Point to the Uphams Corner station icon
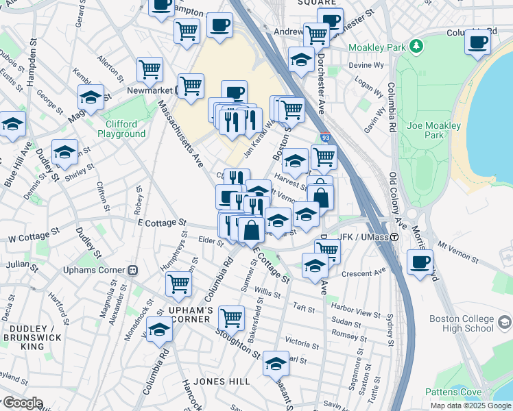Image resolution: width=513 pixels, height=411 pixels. tap(135, 270)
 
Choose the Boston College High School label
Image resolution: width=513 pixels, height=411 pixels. tap(462, 323)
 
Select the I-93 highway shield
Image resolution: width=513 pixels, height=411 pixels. tap(326, 138)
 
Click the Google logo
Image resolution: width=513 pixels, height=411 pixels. tap(22, 403)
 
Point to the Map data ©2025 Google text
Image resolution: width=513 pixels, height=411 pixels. tap(470, 406)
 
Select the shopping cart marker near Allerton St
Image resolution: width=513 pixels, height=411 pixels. tap(150, 69)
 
